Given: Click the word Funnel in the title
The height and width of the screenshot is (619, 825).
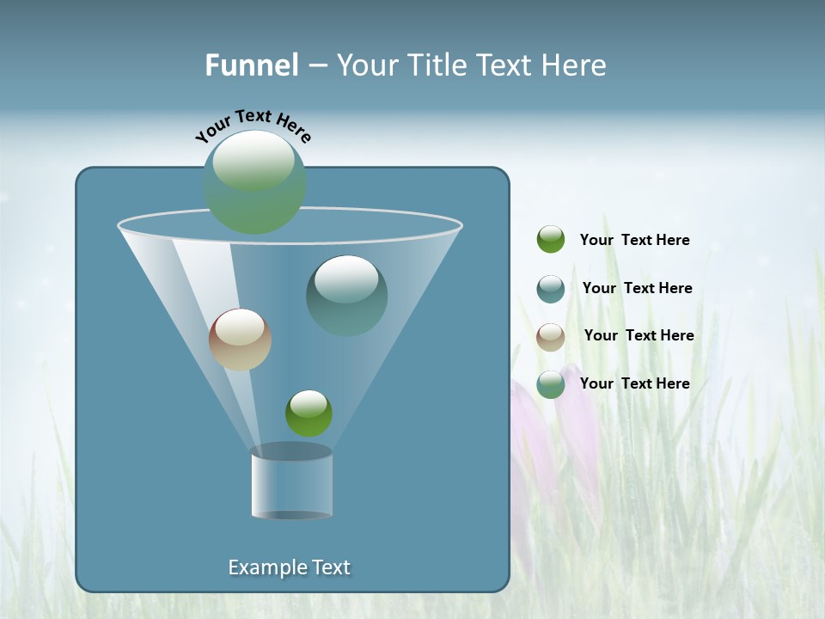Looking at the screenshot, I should tap(251, 65).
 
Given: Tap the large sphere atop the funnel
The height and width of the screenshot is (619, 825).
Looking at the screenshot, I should tap(254, 181).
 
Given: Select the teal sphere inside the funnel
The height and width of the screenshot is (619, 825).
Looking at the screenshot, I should tap(347, 296).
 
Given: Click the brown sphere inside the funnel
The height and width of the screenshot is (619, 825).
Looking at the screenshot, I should tap(240, 340).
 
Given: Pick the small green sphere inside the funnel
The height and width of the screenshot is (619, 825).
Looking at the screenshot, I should tap(309, 414).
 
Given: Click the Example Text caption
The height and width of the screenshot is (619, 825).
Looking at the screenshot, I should tap(289, 567).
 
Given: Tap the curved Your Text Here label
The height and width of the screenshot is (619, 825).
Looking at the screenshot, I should tap(254, 126).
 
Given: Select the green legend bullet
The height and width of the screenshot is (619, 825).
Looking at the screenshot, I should tap(551, 240).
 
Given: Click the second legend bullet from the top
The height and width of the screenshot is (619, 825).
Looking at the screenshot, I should tap(551, 289).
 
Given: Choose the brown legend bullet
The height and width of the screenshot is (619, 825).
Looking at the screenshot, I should tap(551, 336).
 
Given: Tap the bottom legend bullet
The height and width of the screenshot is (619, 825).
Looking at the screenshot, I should tap(551, 384).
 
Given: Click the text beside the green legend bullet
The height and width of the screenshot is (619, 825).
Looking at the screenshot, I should tap(634, 240).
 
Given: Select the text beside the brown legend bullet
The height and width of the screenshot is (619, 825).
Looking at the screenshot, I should tap(639, 335).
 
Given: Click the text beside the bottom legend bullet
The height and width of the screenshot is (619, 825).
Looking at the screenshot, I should tap(634, 383).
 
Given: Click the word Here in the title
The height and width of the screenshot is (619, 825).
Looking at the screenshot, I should tap(575, 65).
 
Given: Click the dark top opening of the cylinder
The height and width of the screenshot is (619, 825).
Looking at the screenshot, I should tap(291, 451).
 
